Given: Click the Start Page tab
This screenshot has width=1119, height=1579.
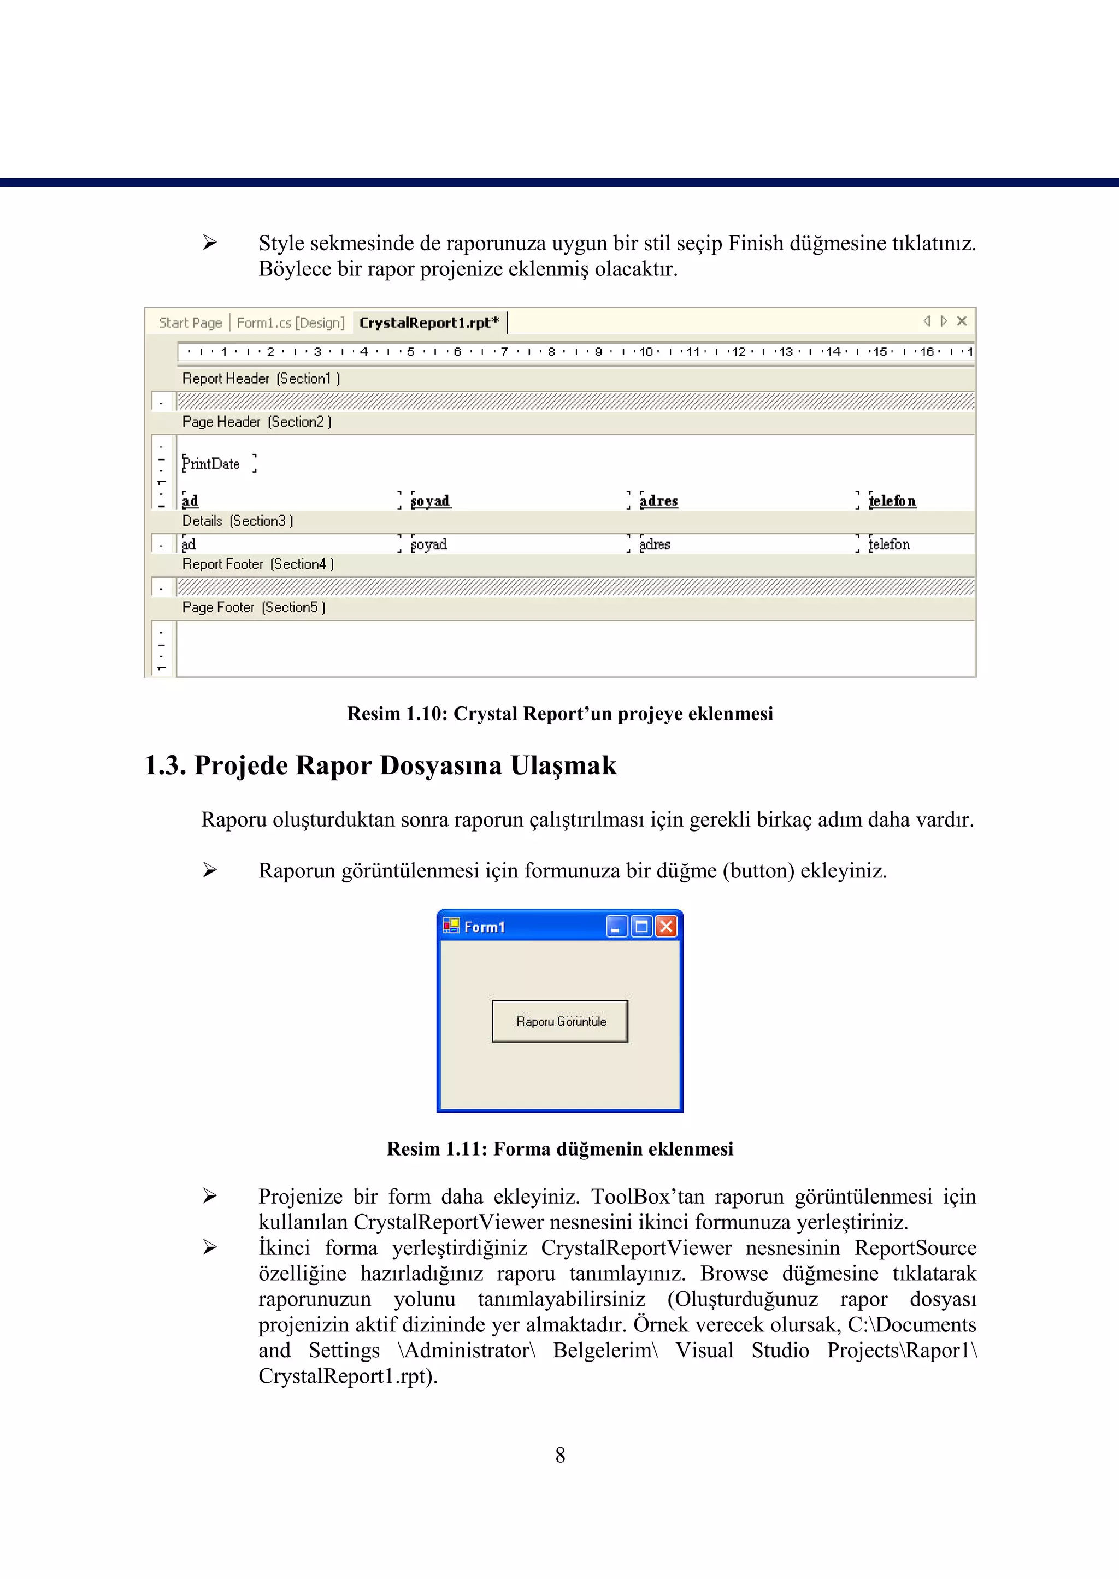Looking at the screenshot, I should coord(190,322).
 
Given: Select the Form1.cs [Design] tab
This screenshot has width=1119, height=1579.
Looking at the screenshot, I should coord(290,322).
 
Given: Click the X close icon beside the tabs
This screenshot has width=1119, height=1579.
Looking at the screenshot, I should coord(962,321).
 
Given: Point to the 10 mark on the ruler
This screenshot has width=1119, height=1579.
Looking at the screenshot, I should coord(646,352).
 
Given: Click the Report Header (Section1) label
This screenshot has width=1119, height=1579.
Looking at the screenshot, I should coord(261,378).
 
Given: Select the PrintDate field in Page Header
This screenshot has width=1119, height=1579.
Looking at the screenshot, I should coord(211,464).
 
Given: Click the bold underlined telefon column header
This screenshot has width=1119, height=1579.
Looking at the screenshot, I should coord(892,501).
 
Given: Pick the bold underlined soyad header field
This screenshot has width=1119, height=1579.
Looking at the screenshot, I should coord(430,501).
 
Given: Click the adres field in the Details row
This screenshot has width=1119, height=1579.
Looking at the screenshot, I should coord(655,544).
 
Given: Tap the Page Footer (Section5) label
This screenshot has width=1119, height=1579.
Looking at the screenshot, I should coord(253,608).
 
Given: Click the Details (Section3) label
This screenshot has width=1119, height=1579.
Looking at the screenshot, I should coord(237,521).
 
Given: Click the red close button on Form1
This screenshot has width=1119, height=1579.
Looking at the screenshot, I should coord(665,927).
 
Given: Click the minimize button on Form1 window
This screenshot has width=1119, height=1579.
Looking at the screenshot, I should coord(616,927).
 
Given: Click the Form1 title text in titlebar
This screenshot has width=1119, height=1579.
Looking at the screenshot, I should coord(485,927).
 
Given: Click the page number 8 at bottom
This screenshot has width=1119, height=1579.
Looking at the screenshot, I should coord(559,1455).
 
